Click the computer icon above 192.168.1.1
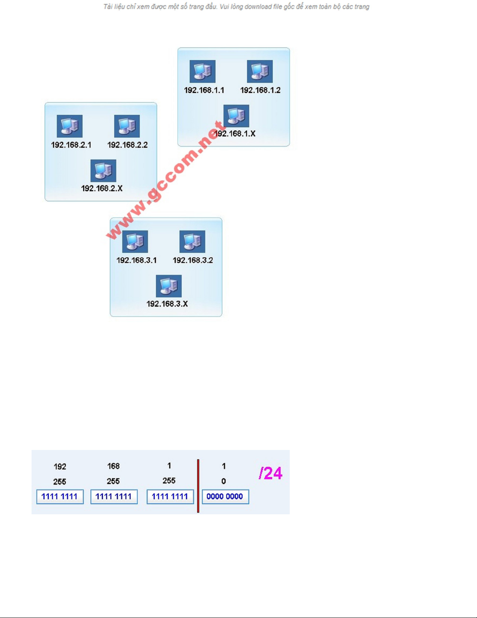pos(202,71)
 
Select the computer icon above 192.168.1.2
pos(260,71)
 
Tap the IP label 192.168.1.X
pos(235,134)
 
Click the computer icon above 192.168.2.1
pos(70,126)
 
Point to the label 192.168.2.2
pos(127,145)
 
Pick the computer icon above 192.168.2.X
pos(103,171)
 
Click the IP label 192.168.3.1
pos(136,260)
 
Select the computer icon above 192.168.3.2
pos(192,242)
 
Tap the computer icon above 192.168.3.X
pos(169,286)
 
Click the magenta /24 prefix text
pos(270,473)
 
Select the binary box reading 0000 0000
pos(225,497)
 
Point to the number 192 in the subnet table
pos(60,466)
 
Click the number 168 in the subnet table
pos(113,466)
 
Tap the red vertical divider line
pos(198,486)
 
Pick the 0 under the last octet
pos(224,481)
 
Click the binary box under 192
pos(60,497)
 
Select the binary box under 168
pos(114,497)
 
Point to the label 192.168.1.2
pos(260,90)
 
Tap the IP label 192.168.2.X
pos(102,188)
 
